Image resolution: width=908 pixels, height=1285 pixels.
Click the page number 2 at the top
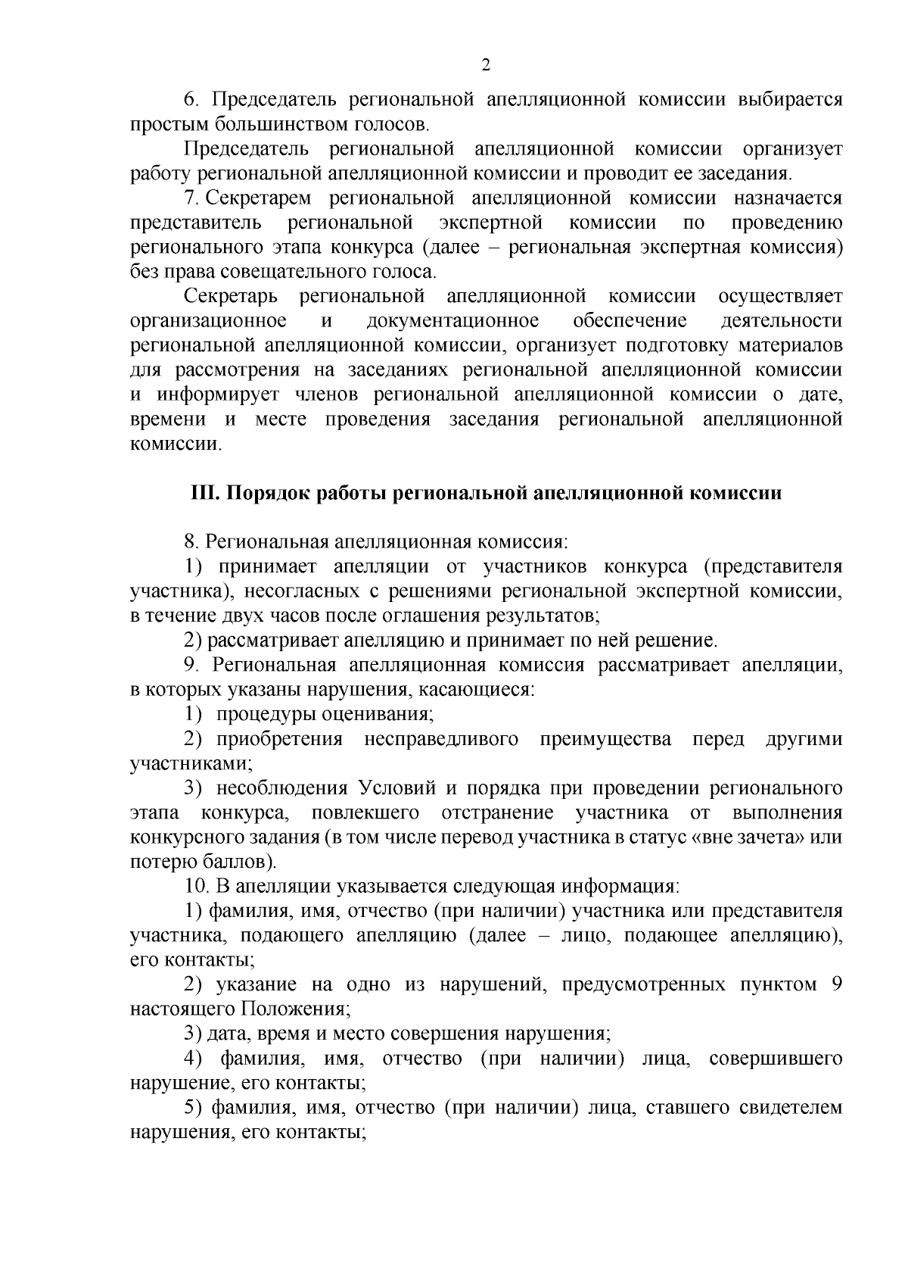(486, 65)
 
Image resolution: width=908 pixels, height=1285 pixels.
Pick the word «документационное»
(452, 321)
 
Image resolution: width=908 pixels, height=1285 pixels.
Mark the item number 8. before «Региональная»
(191, 542)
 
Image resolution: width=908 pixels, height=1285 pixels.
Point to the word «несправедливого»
(441, 739)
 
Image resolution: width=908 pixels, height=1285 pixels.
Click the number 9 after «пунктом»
(836, 984)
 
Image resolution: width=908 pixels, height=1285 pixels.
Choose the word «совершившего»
(776, 1058)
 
